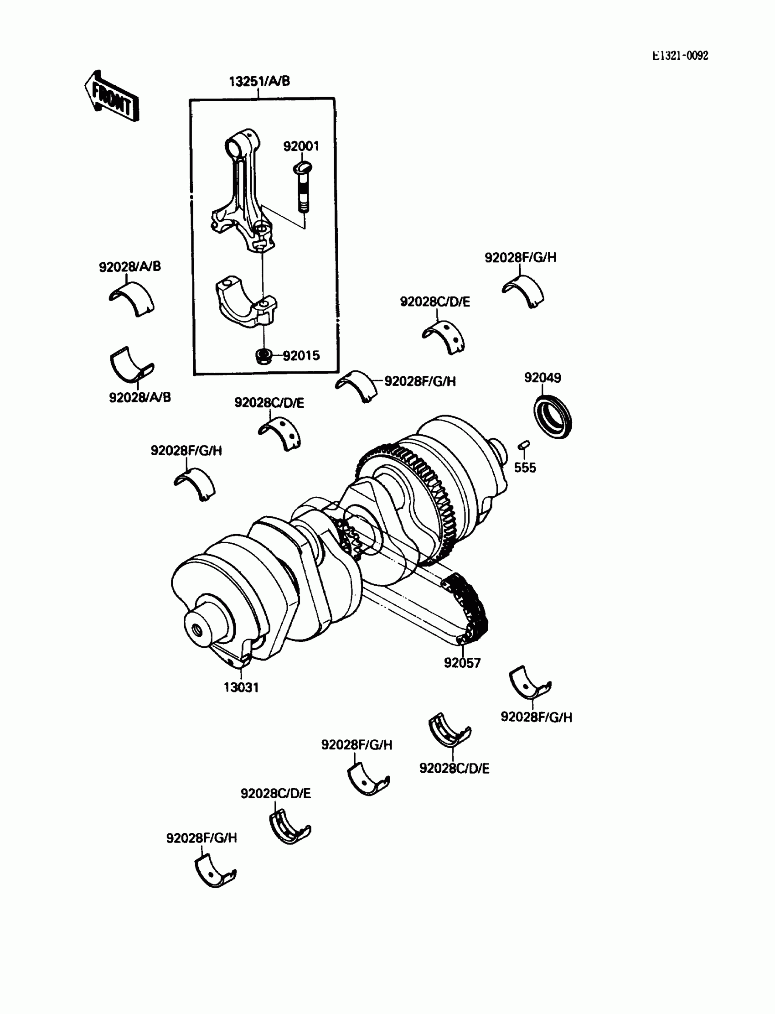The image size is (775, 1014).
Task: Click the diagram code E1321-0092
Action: [x=680, y=56]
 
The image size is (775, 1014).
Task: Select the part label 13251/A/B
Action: [x=259, y=81]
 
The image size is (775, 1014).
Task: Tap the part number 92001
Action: [x=301, y=146]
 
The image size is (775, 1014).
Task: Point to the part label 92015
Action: [x=301, y=356]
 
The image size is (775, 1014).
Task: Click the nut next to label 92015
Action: [x=263, y=356]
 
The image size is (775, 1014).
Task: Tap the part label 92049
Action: [x=542, y=378]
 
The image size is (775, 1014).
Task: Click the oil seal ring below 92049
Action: [x=553, y=416]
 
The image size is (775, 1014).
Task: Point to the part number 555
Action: [x=525, y=468]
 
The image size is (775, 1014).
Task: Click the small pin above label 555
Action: [x=524, y=444]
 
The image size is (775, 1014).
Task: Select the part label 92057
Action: [x=462, y=663]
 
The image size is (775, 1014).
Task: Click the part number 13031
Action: [x=241, y=687]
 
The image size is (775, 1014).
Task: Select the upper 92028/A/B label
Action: [x=130, y=266]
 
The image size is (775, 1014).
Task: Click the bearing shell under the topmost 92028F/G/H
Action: [x=524, y=291]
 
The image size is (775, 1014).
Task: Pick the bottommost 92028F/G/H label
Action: [x=201, y=837]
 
